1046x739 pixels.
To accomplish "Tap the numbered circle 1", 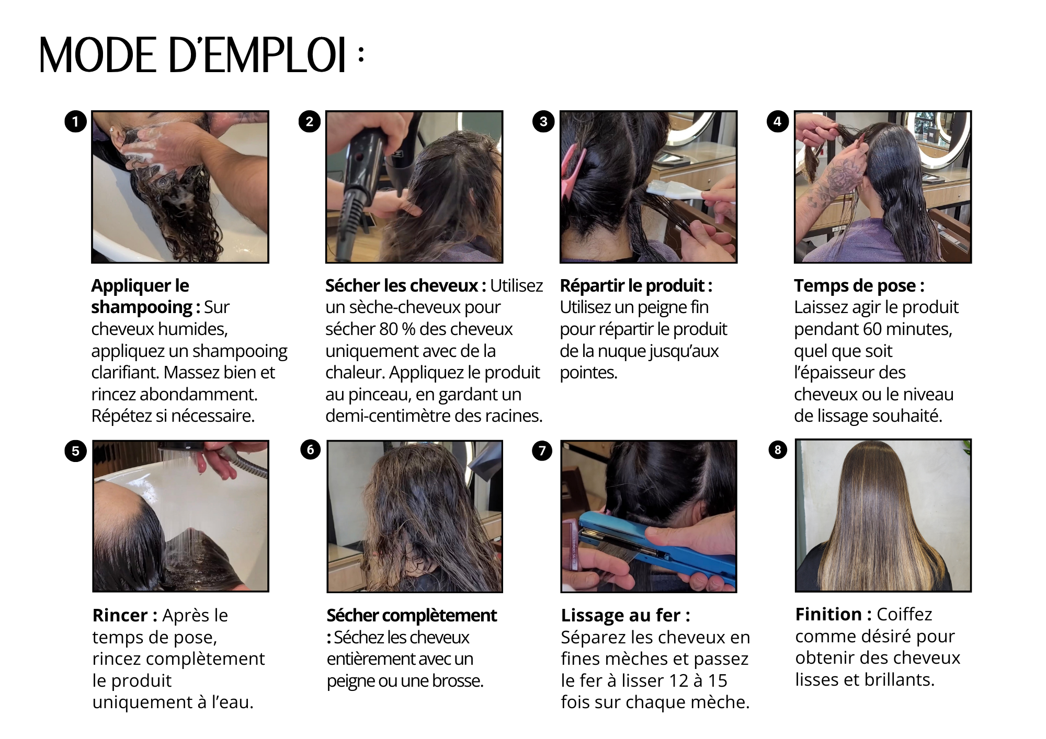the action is (x=75, y=122).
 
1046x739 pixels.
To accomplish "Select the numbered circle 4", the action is (x=778, y=122).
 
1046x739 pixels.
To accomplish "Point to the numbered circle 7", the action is (x=542, y=451).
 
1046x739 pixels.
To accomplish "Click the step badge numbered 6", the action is (x=310, y=450).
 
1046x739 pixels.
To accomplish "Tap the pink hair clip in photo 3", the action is (x=571, y=172).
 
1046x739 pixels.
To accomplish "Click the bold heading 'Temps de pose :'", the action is (x=859, y=285).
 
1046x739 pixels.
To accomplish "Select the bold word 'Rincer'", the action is (x=120, y=615).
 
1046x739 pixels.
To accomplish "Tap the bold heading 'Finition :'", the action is (x=834, y=614).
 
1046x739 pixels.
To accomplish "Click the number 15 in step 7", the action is (x=718, y=680).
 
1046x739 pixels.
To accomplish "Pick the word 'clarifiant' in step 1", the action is (x=125, y=372).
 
